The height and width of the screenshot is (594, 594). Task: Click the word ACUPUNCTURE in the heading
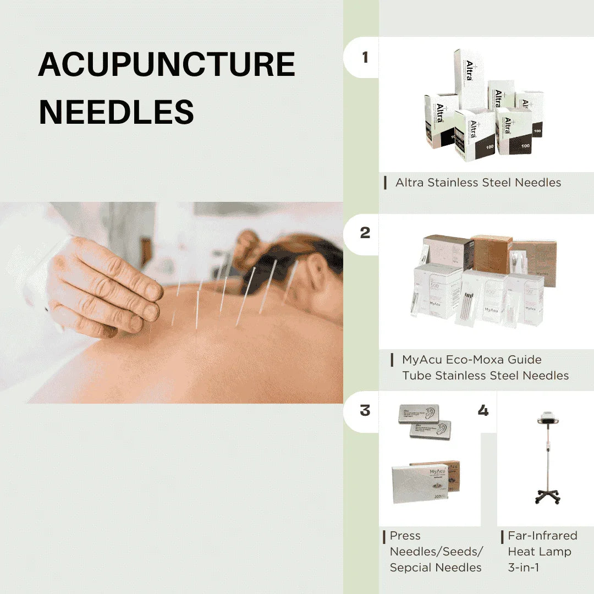tap(167, 64)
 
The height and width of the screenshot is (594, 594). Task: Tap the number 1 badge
tap(365, 57)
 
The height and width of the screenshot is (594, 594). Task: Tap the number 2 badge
tap(365, 233)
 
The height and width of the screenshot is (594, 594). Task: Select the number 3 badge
tap(365, 410)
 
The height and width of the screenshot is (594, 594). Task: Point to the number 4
tap(483, 410)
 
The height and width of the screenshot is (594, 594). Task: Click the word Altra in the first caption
tap(410, 183)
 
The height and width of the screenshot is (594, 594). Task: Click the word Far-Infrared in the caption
tap(542, 535)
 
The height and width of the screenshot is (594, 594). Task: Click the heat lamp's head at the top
tap(544, 418)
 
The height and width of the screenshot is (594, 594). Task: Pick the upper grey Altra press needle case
tap(418, 414)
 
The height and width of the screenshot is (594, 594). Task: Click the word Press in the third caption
tap(405, 535)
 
